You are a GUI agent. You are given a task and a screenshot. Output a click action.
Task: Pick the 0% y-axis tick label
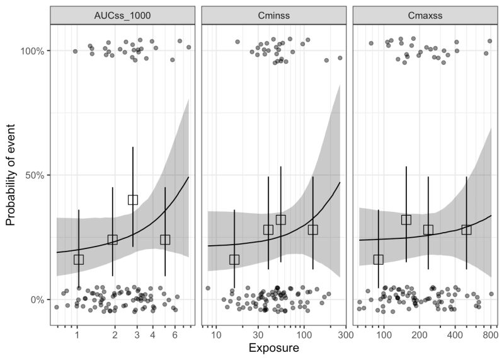click(36, 299)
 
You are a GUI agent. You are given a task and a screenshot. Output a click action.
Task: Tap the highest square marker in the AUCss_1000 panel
click(133, 200)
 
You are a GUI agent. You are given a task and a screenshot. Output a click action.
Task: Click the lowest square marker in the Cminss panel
click(234, 260)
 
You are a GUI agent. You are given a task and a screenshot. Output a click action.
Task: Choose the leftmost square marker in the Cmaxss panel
click(379, 260)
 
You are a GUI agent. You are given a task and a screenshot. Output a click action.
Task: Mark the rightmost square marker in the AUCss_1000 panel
click(165, 240)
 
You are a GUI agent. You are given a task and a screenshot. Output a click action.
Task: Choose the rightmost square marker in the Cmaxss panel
click(466, 229)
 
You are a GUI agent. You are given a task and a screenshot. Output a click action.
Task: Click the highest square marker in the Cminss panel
click(281, 220)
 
